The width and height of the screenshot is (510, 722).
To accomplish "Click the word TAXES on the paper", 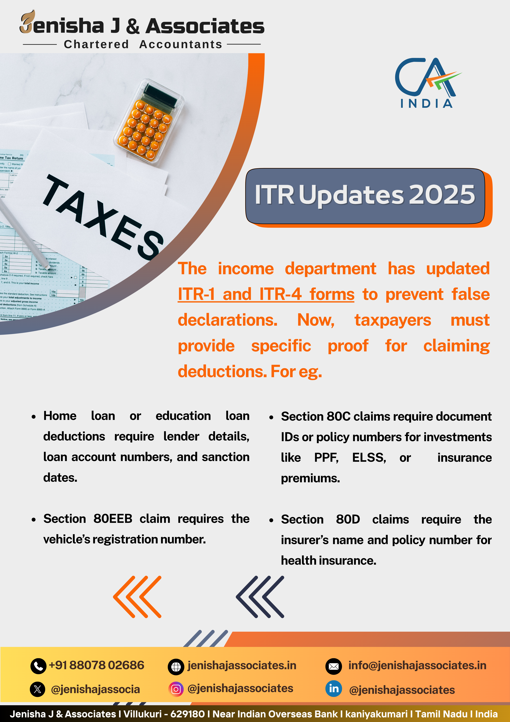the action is (x=103, y=217).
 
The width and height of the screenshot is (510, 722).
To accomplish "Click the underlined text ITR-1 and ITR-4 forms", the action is (x=266, y=295).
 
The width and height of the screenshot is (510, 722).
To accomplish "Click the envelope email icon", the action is (x=333, y=666).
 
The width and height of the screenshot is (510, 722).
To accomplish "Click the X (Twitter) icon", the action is (x=37, y=690).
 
